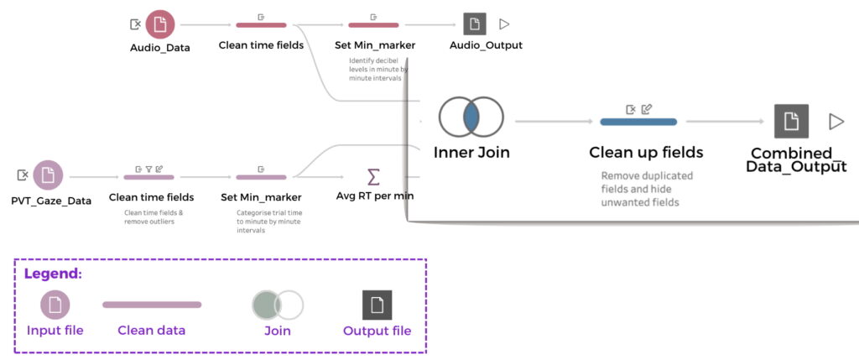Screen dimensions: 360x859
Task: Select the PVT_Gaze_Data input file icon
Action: point(48,175)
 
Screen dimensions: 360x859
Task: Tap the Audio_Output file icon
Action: point(476,24)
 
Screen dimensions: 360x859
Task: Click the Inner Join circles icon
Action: point(471,118)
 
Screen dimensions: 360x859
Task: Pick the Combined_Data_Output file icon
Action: point(791,122)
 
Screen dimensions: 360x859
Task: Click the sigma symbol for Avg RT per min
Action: point(374,177)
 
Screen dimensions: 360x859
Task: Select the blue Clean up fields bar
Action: point(638,123)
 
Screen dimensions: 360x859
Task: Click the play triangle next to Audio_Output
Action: point(504,24)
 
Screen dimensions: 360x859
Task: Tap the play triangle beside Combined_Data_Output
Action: point(836,122)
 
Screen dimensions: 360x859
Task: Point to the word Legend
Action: point(52,274)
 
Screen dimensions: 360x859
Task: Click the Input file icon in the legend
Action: point(55,305)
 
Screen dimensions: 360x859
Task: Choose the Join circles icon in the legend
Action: point(278,305)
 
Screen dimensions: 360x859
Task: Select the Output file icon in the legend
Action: point(377,305)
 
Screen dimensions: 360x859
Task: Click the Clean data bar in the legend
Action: point(152,305)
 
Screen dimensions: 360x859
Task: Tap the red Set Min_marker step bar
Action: point(374,25)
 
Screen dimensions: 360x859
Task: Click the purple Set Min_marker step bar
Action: point(262,177)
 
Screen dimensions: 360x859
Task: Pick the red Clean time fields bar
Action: point(261,25)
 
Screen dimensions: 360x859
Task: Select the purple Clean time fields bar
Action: point(149,177)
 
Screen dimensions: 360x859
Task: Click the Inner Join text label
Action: point(471,153)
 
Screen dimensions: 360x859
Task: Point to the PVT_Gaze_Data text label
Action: point(51,201)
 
